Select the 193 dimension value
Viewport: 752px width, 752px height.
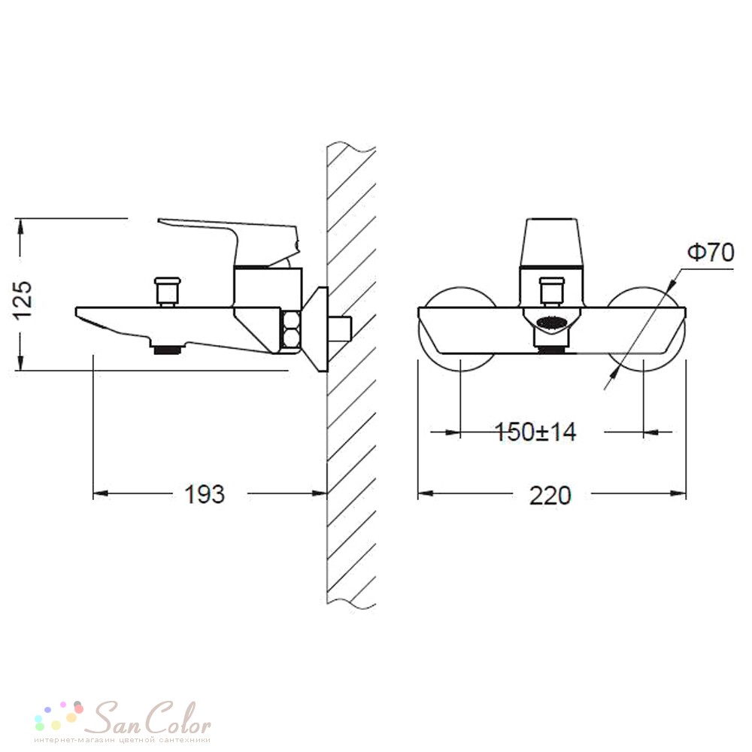[x=205, y=495]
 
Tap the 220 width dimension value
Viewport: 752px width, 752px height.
[x=550, y=496]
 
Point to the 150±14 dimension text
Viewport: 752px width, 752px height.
[x=535, y=432]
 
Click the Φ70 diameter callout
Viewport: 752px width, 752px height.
[x=711, y=253]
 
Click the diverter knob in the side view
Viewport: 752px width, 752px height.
[x=168, y=290]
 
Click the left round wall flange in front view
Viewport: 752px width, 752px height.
[x=458, y=329]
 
